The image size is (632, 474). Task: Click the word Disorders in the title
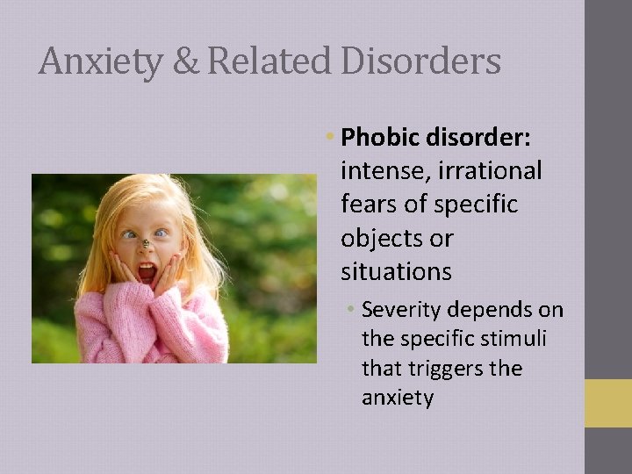point(420,61)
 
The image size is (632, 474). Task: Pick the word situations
point(396,272)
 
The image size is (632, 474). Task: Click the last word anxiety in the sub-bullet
point(398,399)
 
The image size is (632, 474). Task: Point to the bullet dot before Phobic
point(328,137)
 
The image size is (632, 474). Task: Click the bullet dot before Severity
point(350,310)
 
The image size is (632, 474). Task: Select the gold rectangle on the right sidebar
point(607,403)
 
